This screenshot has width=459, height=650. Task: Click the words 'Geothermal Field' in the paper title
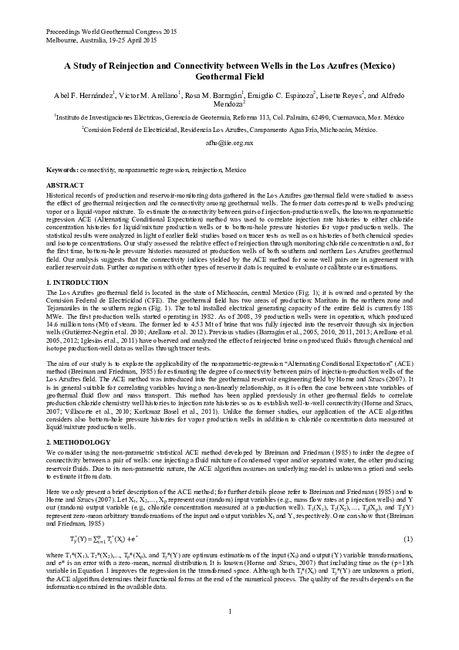pos(229,78)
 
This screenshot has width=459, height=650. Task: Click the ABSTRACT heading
pos(66,186)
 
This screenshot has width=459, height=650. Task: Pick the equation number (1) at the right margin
pos(407,537)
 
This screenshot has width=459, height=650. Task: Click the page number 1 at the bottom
pos(229,613)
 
